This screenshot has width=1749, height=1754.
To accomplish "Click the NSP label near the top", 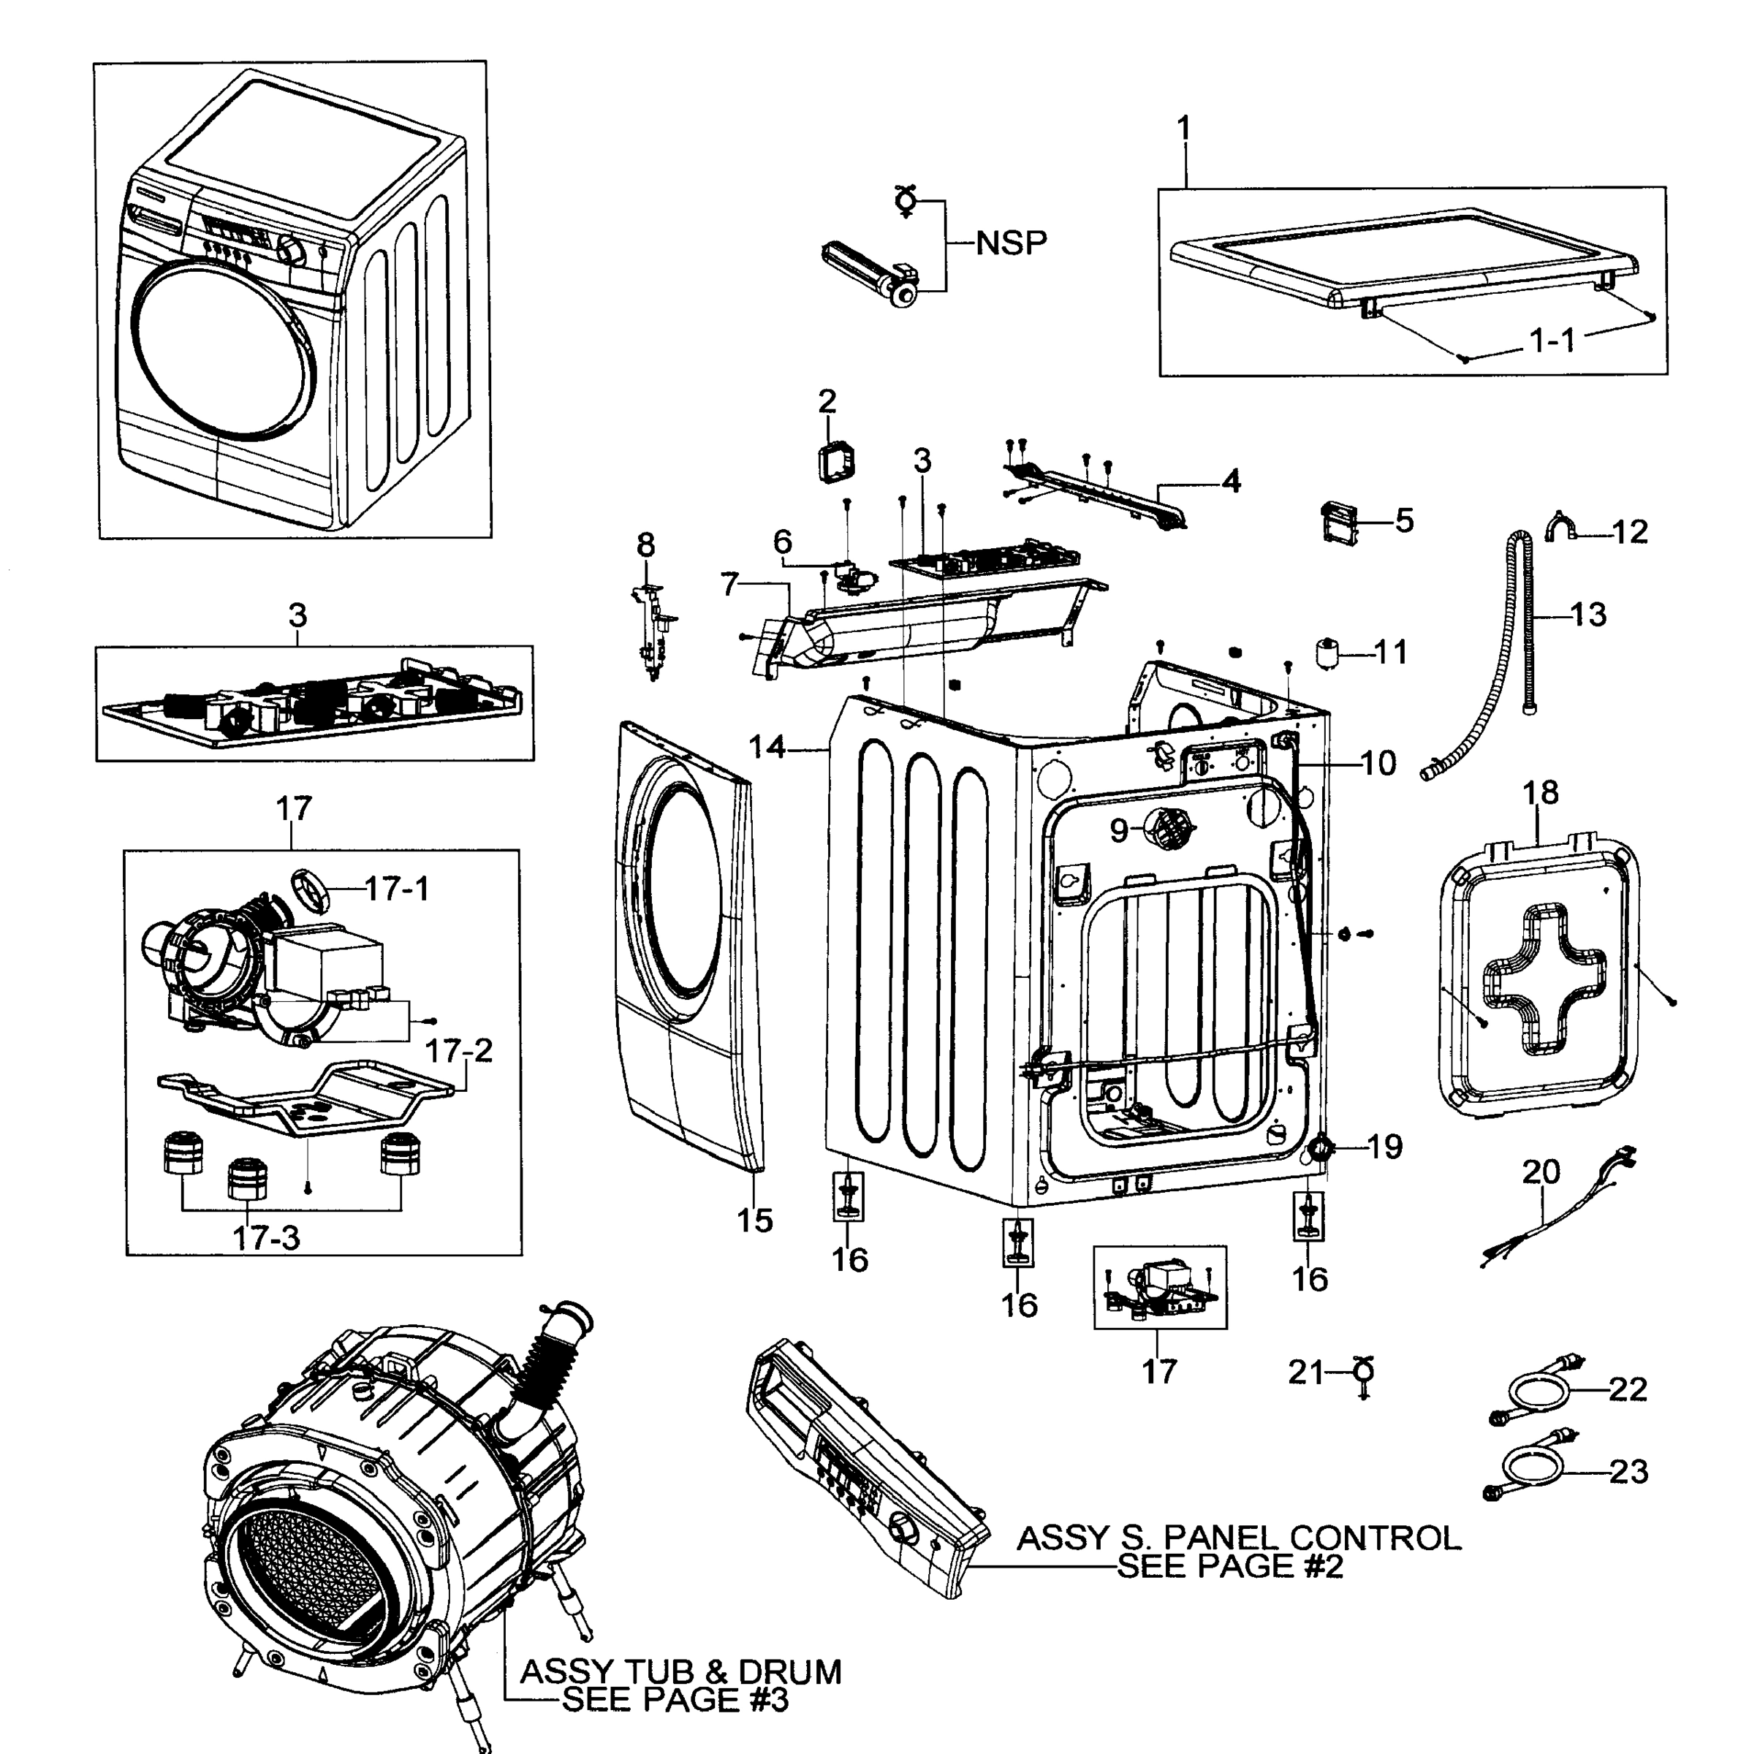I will tap(1011, 243).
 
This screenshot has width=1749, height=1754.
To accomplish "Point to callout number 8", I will tap(645, 546).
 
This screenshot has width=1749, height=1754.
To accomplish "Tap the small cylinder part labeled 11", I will tap(1330, 653).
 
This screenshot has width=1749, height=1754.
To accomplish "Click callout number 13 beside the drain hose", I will tap(1587, 615).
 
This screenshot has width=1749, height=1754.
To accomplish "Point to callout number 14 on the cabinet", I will tap(767, 746).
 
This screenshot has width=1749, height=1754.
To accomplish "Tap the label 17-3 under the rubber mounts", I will tap(266, 1237).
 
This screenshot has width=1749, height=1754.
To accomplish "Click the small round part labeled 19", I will tap(1319, 1151).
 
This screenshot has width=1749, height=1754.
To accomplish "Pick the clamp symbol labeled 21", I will tap(1362, 1373).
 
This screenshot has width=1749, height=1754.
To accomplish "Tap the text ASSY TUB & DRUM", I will tap(680, 1671).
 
